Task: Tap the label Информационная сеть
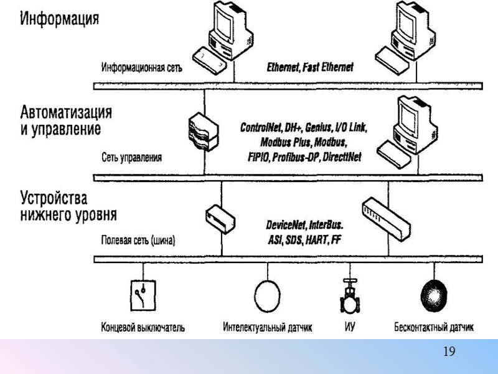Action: click(142, 68)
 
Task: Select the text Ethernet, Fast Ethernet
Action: click(310, 67)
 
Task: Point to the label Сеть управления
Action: click(131, 158)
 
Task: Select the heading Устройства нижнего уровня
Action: click(61, 208)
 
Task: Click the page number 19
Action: click(449, 352)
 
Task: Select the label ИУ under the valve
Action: click(349, 326)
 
